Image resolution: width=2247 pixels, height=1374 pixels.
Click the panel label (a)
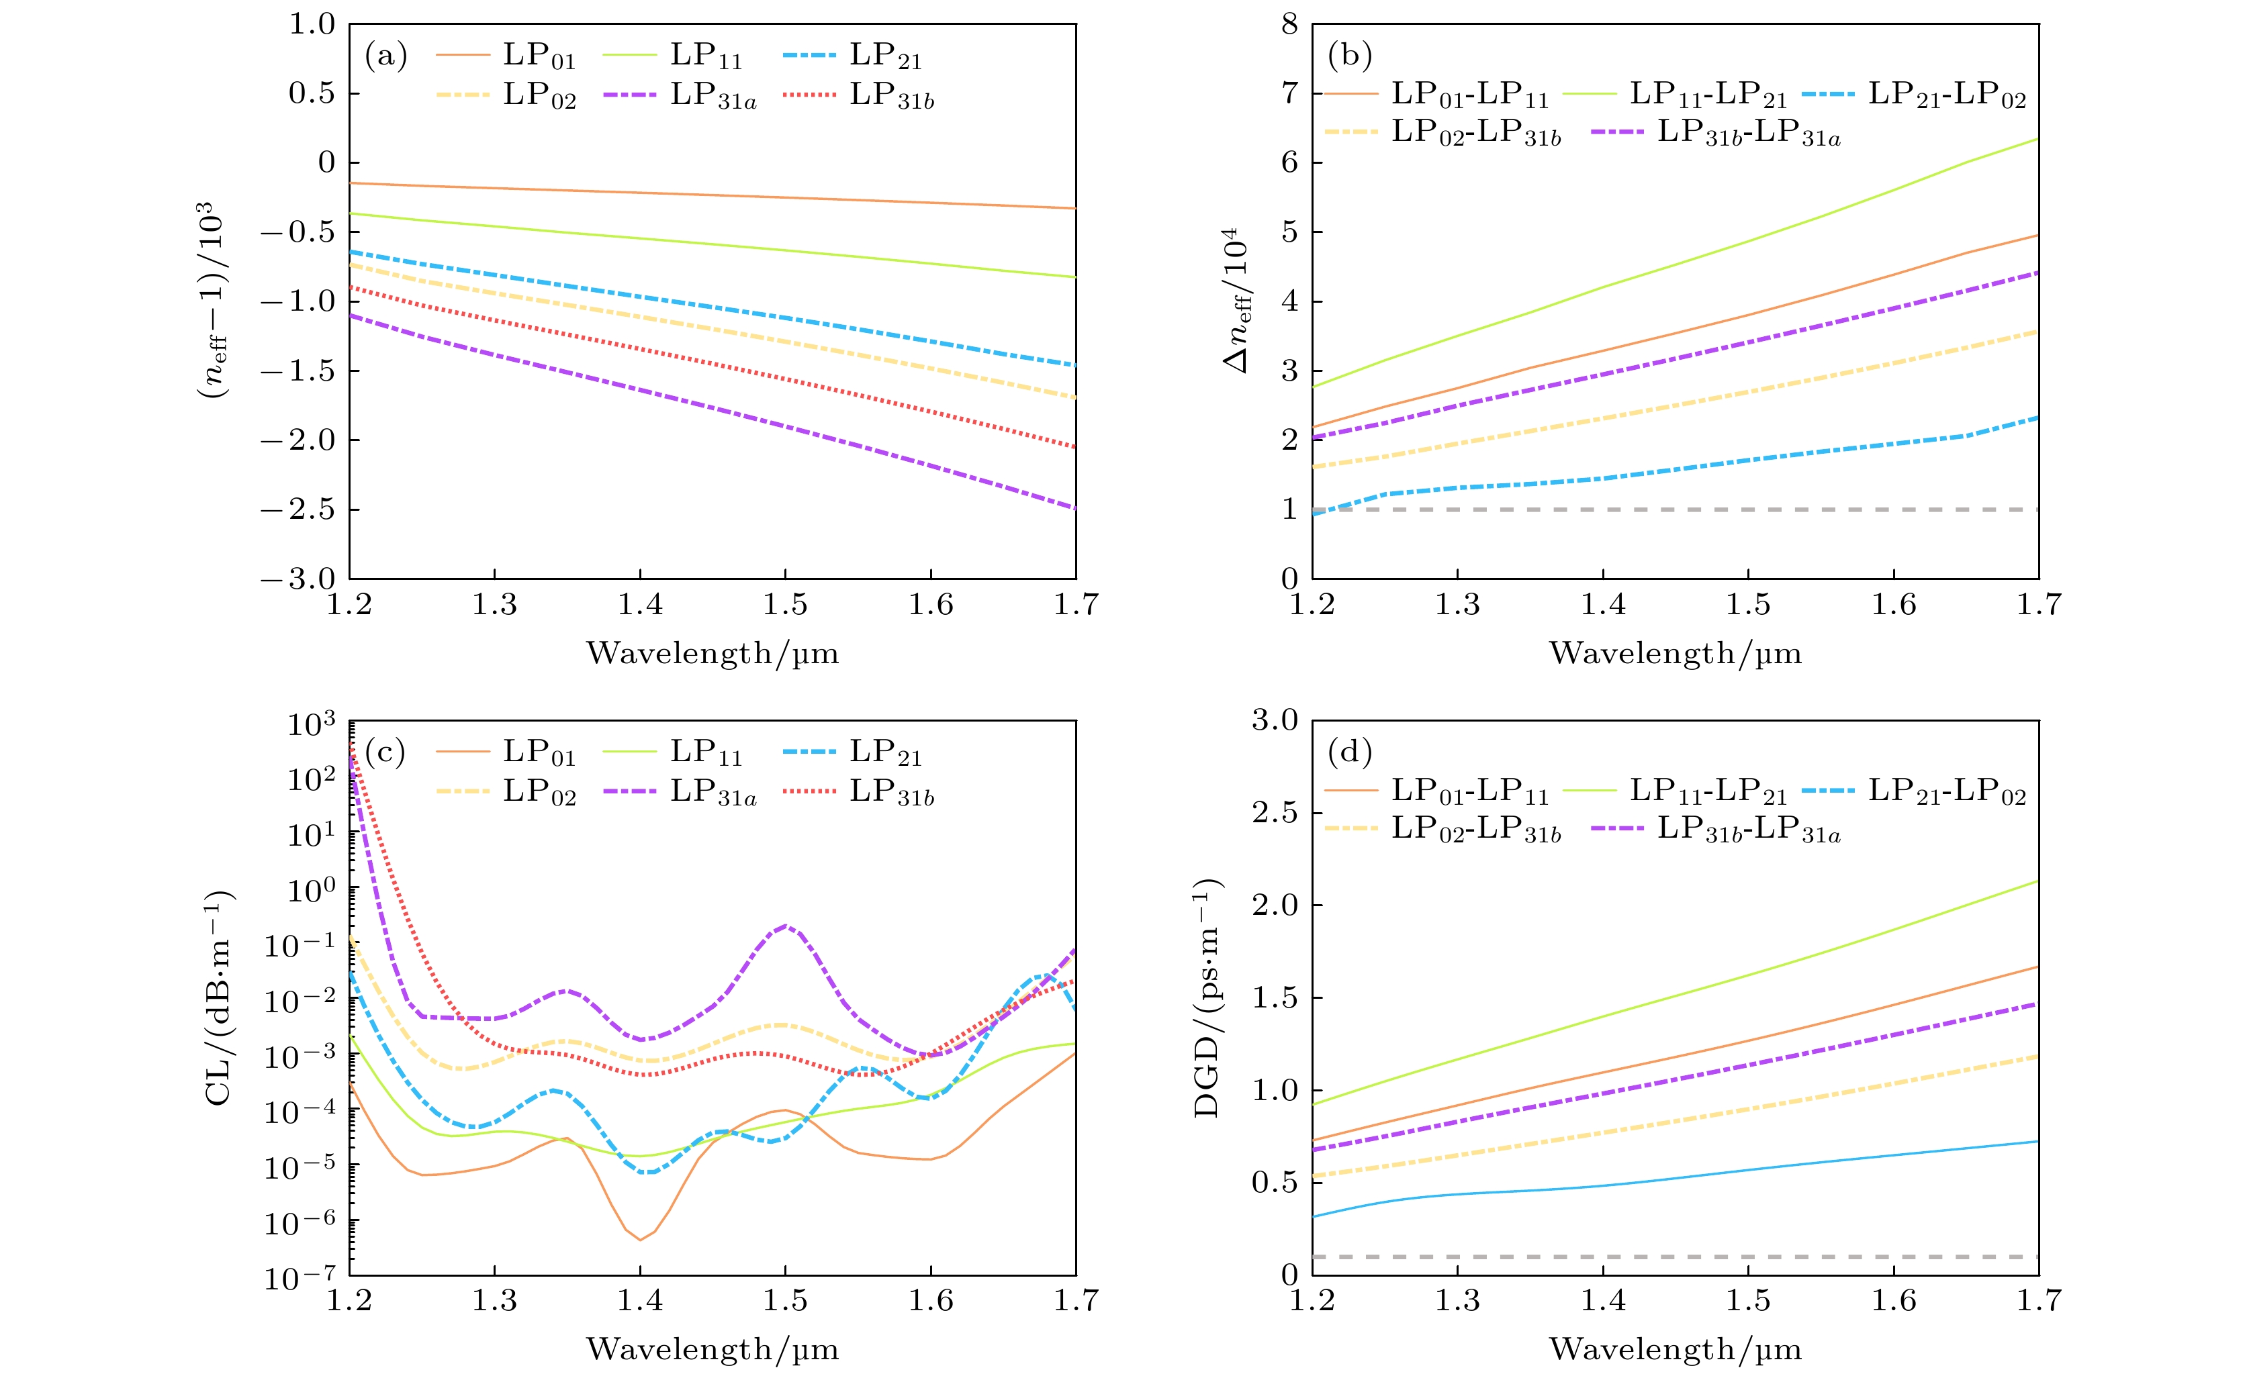click(x=385, y=56)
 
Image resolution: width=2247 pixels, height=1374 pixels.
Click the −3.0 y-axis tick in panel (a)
click(x=297, y=579)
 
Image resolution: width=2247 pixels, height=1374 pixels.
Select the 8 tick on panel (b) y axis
click(x=1289, y=25)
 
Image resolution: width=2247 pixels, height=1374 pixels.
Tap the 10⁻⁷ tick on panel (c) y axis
click(x=299, y=1275)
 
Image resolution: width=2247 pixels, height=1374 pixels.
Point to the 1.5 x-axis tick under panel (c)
click(x=785, y=1301)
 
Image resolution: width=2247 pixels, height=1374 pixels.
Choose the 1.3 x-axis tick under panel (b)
click(x=1457, y=605)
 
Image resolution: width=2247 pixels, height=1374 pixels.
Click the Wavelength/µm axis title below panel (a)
click(x=713, y=653)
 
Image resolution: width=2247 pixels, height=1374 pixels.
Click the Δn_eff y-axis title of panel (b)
click(x=1238, y=301)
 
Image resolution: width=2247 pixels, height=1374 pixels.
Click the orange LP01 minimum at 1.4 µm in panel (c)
click(x=640, y=1239)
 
